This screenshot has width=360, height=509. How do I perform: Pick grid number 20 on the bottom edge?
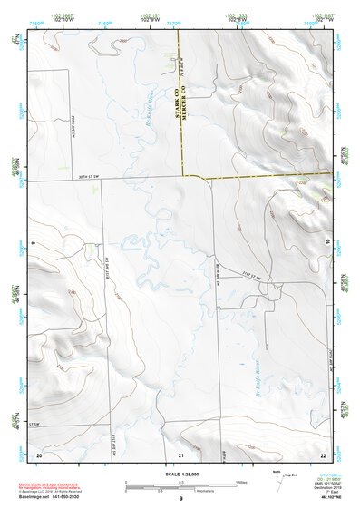(39, 453)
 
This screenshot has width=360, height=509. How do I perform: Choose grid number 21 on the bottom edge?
(181, 453)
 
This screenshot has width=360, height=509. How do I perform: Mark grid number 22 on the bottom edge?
(323, 453)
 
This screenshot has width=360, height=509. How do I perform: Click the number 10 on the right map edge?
(327, 241)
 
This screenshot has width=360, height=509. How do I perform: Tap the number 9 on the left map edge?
(33, 242)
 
